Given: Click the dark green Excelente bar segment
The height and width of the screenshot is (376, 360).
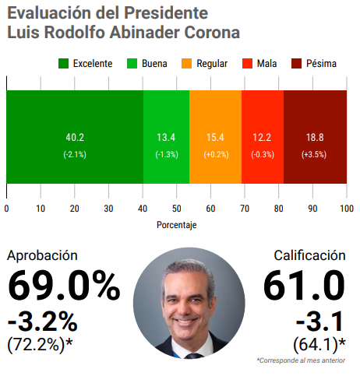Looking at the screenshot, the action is tap(75, 137).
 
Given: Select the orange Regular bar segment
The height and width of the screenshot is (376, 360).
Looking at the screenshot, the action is tap(215, 137).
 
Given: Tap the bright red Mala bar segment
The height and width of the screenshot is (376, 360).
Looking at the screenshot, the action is tap(263, 137).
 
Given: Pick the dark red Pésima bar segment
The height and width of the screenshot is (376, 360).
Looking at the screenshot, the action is tap(315, 137).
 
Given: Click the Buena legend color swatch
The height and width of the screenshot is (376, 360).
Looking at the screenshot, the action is tap(132, 64).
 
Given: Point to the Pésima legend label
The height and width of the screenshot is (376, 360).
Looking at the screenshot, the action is tap(321, 64).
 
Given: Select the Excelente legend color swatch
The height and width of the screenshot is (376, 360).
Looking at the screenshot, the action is tap(63, 64).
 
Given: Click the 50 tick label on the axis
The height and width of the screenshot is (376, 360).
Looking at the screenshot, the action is tap(177, 209).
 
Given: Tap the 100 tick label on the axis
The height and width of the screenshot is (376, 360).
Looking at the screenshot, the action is tap(347, 209).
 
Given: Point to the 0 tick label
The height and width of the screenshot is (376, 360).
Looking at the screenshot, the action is tap(6, 209).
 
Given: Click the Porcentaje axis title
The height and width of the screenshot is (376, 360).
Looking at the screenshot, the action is tap(177, 225).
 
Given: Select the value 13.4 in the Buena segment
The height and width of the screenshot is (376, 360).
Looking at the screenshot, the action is tap(166, 138).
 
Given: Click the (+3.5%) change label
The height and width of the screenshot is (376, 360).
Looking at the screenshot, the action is tap(314, 155).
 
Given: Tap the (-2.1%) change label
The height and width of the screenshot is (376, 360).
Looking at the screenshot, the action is tap(75, 155).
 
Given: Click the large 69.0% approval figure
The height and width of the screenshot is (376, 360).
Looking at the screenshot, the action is tap(64, 286).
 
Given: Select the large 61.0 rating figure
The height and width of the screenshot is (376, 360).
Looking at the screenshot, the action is tap(304, 286).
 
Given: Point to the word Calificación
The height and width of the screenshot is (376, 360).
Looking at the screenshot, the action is tap(309, 255).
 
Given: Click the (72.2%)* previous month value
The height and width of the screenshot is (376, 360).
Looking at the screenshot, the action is tap(40, 345).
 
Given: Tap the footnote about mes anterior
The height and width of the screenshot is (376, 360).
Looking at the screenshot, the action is tap(301, 360).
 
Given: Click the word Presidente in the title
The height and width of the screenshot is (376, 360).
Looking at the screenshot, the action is tap(166, 13).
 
